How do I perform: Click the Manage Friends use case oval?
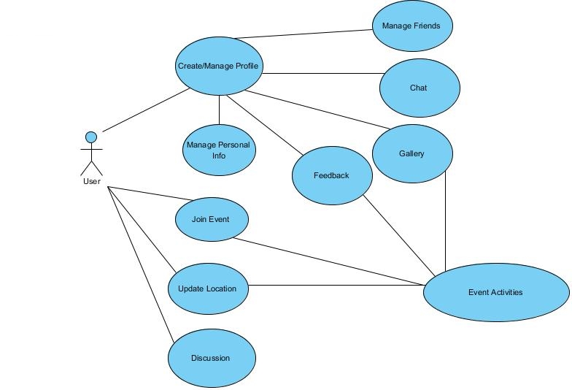[411, 26]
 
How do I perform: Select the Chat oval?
[420, 88]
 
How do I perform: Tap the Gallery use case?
[411, 153]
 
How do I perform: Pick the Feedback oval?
[332, 175]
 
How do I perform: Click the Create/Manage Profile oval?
[218, 66]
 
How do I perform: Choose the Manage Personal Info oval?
[218, 150]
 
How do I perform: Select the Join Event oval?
[212, 219]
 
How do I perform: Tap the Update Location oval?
[208, 288]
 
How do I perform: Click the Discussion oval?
[212, 358]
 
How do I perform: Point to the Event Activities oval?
[496, 292]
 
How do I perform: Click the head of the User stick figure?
[91, 137]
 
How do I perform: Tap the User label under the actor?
[91, 181]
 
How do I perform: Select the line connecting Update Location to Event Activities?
[336, 285]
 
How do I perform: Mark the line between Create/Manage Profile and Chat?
[321, 73]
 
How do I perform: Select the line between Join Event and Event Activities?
[328, 260]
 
